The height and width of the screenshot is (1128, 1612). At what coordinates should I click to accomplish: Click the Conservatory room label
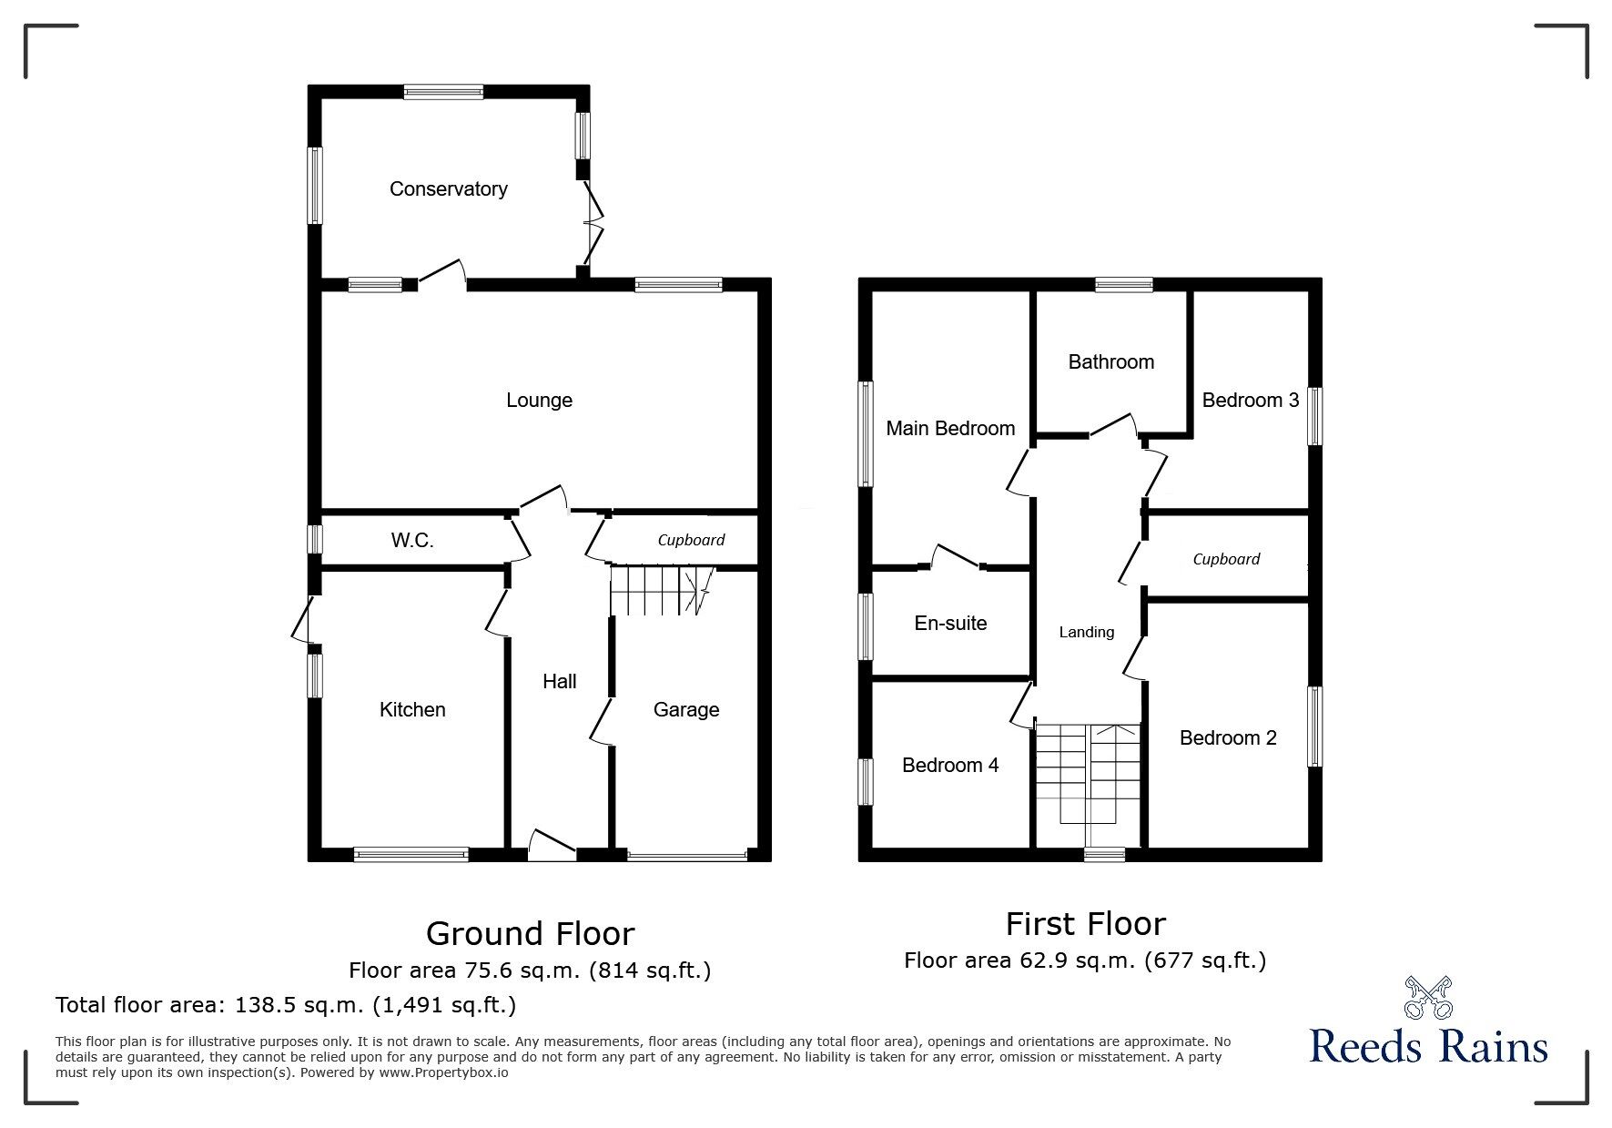pos(448,188)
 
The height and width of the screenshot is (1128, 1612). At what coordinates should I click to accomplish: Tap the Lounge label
pos(539,400)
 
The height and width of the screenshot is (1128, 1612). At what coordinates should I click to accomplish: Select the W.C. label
pos(412,540)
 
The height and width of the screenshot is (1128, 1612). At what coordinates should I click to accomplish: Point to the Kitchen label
pos(412,709)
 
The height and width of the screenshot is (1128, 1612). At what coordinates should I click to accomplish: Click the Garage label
pos(686,709)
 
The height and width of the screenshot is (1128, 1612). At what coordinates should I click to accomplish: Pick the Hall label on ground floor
pos(559,681)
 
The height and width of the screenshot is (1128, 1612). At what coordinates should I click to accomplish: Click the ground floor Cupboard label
pos(691,540)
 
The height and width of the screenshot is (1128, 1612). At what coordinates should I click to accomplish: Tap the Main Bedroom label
pos(950,428)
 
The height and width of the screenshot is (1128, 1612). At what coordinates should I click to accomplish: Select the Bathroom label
pos(1110,361)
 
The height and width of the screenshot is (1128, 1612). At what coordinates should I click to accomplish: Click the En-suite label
pos(950,623)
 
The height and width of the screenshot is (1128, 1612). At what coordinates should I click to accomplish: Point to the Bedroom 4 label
pos(950,765)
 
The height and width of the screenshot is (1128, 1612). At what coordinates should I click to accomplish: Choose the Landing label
pos(1086,632)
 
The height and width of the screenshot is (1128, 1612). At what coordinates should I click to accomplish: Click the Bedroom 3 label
pos(1250,400)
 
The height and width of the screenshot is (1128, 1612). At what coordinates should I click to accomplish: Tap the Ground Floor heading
pos(530,934)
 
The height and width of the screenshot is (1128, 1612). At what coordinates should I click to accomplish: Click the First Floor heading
pos(1085,924)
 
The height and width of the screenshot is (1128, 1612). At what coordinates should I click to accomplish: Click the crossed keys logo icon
pos(1428,998)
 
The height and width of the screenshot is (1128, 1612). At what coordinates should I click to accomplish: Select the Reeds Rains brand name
pos(1428,1046)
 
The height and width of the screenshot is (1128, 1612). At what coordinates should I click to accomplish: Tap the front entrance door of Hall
pos(552,845)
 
